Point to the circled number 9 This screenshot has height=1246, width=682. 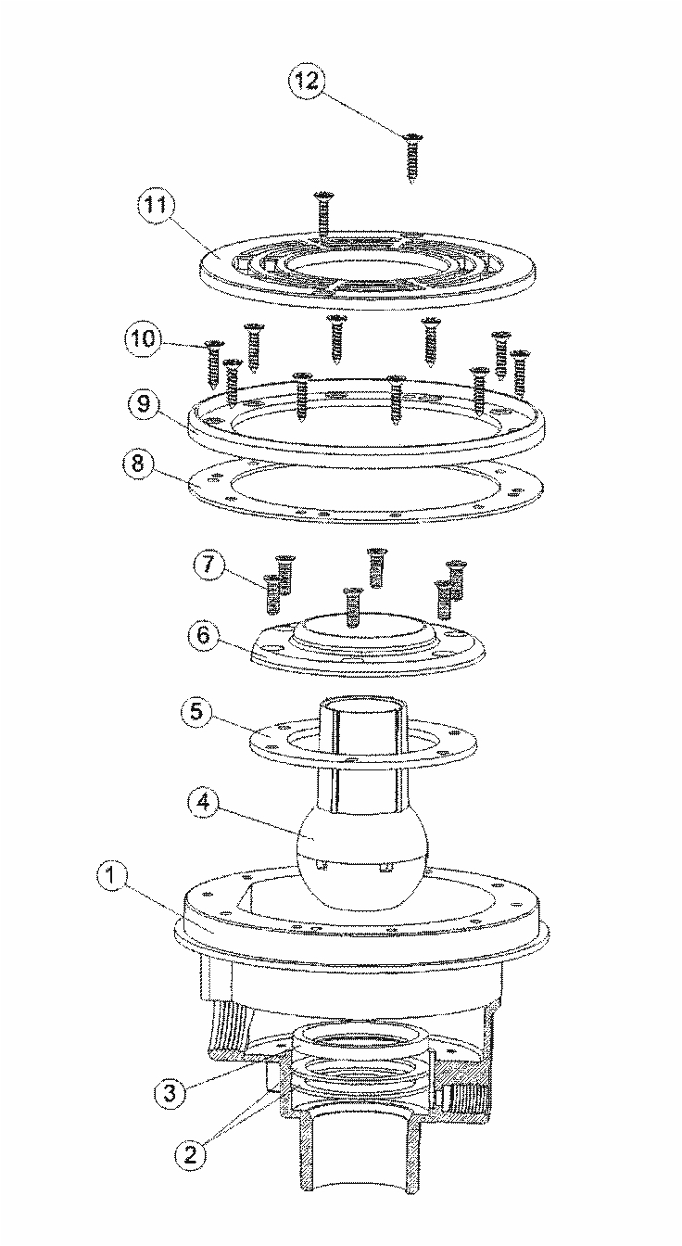pyautogui.click(x=144, y=403)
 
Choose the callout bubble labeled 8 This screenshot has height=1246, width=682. pyautogui.click(x=138, y=464)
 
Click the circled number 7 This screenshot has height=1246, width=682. pyautogui.click(x=207, y=565)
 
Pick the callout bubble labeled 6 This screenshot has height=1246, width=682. pyautogui.click(x=204, y=635)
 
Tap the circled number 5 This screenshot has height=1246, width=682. pyautogui.click(x=196, y=712)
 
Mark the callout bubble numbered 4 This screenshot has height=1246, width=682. pyautogui.click(x=204, y=803)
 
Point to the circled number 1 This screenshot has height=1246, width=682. pyautogui.click(x=112, y=877)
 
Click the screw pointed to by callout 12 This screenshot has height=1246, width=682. pyautogui.click(x=411, y=158)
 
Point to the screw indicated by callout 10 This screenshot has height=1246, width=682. pyautogui.click(x=214, y=363)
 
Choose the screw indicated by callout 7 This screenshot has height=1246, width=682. pyautogui.click(x=272, y=594)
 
